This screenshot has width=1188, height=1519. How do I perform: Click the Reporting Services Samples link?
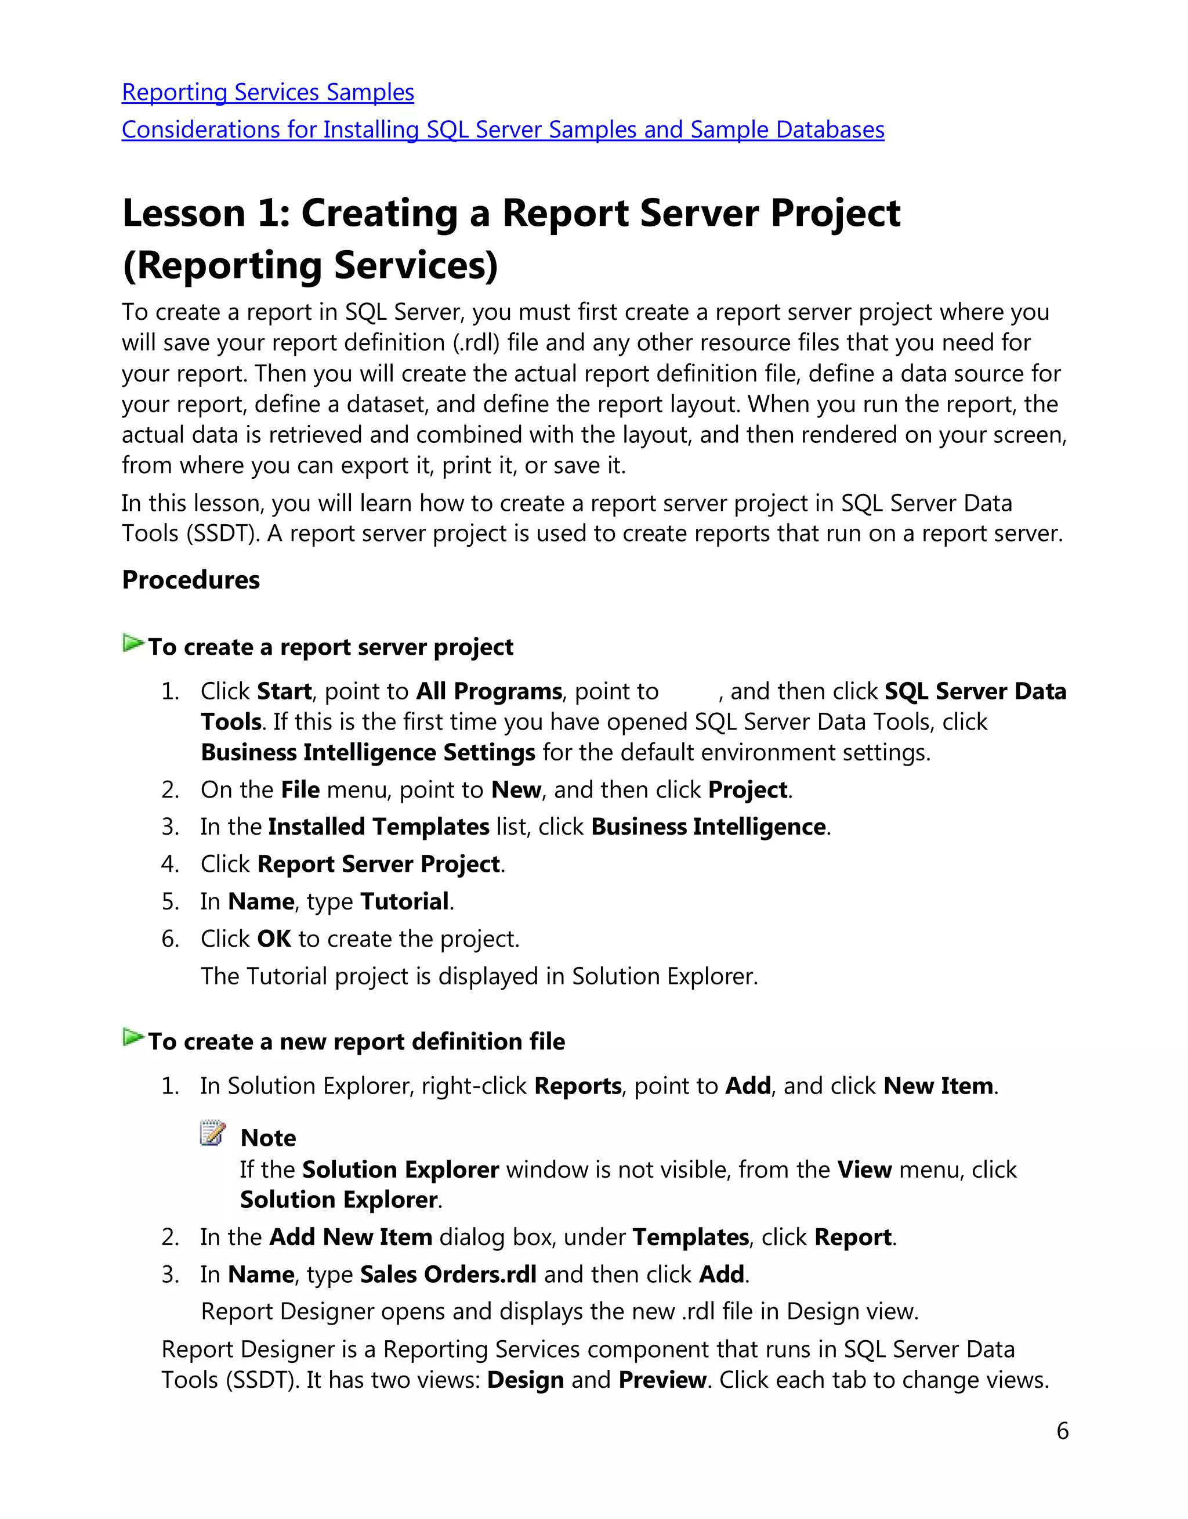click(x=268, y=92)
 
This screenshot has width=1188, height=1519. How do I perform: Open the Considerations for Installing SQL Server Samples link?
click(x=502, y=130)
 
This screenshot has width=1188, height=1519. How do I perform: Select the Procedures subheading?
click(x=191, y=580)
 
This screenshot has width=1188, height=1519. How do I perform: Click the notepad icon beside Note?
click(x=213, y=1133)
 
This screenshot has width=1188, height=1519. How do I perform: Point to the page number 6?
click(x=1062, y=1431)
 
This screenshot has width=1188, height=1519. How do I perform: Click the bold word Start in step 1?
click(x=284, y=692)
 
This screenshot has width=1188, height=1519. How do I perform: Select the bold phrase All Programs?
click(x=488, y=692)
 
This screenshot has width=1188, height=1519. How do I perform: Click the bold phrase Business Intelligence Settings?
click(x=368, y=753)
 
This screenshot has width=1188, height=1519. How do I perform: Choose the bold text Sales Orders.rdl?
click(x=448, y=1275)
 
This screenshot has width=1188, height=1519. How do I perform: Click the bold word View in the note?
click(x=864, y=1170)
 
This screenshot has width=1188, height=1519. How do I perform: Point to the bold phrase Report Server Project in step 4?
click(x=378, y=864)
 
